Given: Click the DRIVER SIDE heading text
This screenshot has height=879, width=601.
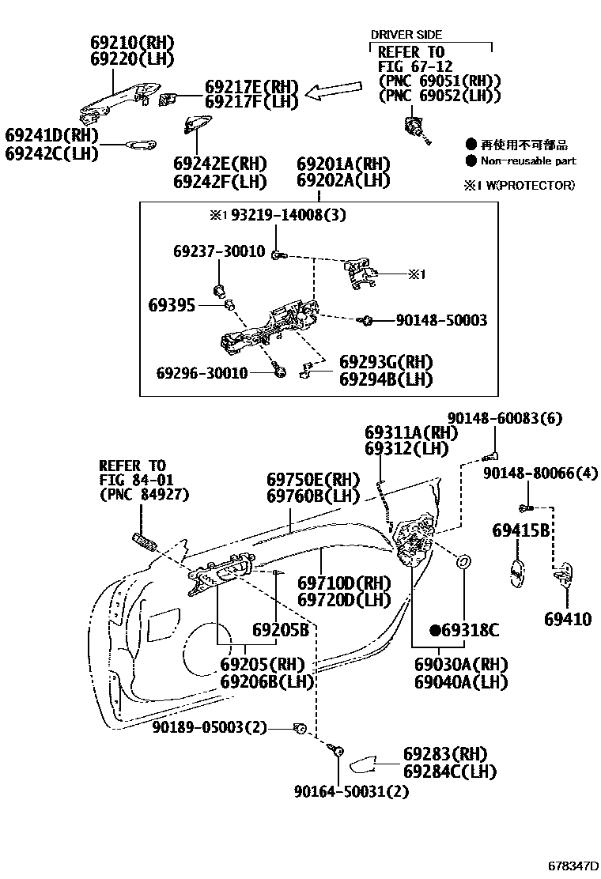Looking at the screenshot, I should tap(406, 35).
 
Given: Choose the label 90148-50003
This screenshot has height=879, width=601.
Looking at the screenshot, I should tap(441, 320).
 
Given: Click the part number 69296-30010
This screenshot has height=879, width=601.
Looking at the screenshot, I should tap(202, 372).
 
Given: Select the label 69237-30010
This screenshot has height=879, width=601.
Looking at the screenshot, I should tap(219, 251).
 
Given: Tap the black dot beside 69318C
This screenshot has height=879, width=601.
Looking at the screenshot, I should tap(435, 630).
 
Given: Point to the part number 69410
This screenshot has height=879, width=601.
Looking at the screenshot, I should tap(566, 620).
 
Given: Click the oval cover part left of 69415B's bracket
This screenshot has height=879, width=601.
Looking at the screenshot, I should tap(514, 575).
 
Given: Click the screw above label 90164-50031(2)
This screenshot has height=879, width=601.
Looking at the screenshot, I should tap(338, 753).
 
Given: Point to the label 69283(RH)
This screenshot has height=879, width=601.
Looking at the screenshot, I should tap(444, 753).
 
